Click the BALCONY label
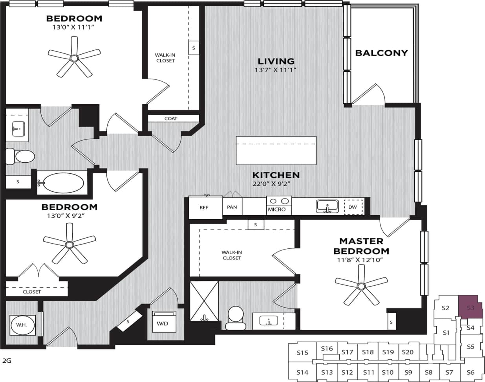click(x=381, y=53)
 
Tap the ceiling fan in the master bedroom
click(x=361, y=286)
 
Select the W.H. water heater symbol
click(x=22, y=325)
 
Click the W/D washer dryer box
click(x=162, y=324)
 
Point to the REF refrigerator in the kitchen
click(x=204, y=208)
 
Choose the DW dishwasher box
click(x=353, y=207)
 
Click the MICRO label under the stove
click(x=277, y=209)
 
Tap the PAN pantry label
click(x=232, y=207)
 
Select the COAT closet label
click(x=171, y=118)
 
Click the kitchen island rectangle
click(x=276, y=150)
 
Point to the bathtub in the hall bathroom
click(x=64, y=183)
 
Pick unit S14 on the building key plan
click(x=302, y=372)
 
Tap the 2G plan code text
click(x=7, y=360)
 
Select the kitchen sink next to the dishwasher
click(x=327, y=206)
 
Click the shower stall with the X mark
click(x=204, y=301)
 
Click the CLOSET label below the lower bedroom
click(x=32, y=292)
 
